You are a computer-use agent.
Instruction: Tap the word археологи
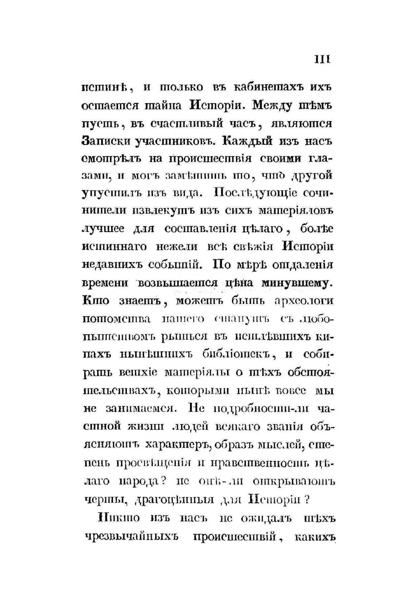[304, 301]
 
